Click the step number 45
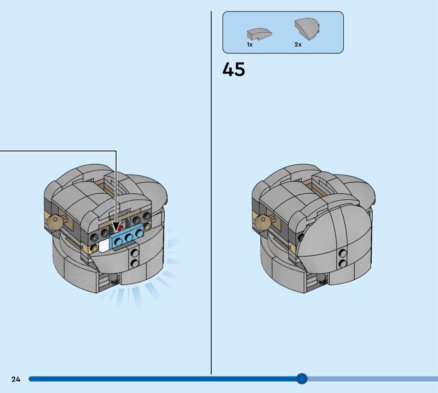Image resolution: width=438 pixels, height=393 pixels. point(234,70)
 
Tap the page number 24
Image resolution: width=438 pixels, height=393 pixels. point(16,379)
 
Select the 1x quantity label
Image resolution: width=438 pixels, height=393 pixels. point(250,44)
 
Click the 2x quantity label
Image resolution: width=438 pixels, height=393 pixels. point(298,44)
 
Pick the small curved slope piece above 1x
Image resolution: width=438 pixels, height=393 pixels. point(259,34)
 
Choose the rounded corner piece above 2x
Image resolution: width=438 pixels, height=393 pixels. point(307,30)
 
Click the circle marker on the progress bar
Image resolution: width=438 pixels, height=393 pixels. point(302,379)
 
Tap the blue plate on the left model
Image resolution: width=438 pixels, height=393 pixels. point(128,238)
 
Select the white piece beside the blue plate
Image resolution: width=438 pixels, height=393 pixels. point(104,246)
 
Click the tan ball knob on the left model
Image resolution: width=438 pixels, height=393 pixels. point(54,222)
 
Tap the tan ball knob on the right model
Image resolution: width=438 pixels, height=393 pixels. point(263,223)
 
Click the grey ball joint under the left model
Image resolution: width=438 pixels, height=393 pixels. point(114,278)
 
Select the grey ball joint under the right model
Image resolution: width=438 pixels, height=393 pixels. point(321,278)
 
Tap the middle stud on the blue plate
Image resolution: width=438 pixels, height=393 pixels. point(129,238)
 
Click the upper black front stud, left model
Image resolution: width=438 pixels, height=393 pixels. point(135,253)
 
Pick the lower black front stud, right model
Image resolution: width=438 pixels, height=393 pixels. point(343,263)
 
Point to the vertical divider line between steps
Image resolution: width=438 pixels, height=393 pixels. point(211,193)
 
